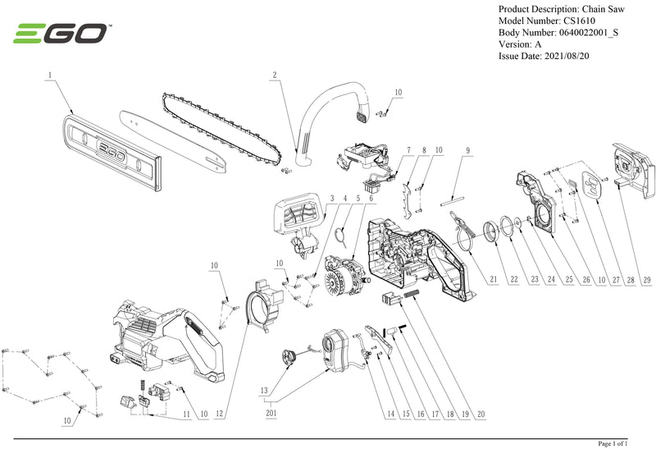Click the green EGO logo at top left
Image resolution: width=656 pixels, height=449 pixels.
point(61,34)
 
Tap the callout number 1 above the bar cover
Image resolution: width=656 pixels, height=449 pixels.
point(50,76)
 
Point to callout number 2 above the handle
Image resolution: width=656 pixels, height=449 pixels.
point(275,76)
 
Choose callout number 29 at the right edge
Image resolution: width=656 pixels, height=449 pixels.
point(647,280)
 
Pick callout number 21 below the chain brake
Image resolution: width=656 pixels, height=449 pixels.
point(494,280)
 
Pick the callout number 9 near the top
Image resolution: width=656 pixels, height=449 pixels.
point(467,150)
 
